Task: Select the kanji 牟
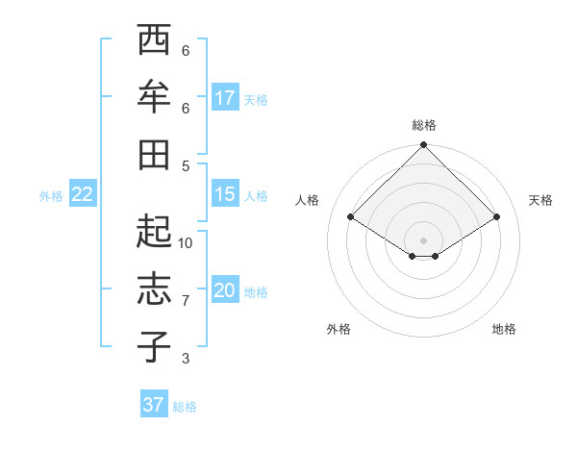[153, 96]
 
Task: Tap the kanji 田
[153, 152]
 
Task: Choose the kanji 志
[153, 290]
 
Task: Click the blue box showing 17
[225, 98]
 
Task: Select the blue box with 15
[225, 195]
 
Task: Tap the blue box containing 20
[225, 291]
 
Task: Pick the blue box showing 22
[82, 195]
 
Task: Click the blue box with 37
[153, 405]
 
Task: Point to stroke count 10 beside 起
[186, 243]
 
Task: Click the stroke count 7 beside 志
[186, 301]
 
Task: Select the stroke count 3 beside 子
[186, 359]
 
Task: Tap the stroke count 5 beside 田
[186, 165]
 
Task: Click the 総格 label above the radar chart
[424, 125]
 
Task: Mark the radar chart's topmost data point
[424, 146]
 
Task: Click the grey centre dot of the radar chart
[424, 239]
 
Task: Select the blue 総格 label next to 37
[185, 407]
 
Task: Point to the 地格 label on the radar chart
[504, 329]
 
